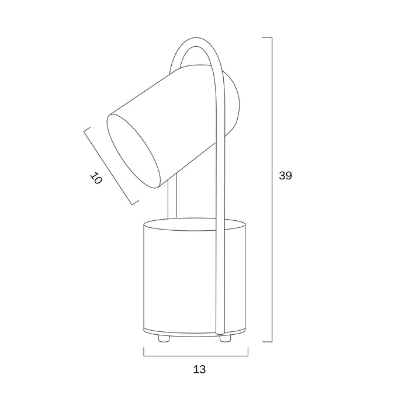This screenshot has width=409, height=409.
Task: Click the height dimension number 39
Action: [285, 175]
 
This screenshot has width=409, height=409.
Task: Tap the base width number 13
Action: [200, 369]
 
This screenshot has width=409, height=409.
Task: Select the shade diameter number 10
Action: [96, 178]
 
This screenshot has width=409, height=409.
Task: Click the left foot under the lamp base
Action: [164, 338]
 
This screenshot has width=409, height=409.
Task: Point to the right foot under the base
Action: [226, 338]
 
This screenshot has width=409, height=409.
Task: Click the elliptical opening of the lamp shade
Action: [133, 151]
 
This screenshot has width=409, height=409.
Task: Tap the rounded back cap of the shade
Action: [232, 105]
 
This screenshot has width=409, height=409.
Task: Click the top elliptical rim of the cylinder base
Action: [195, 224]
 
